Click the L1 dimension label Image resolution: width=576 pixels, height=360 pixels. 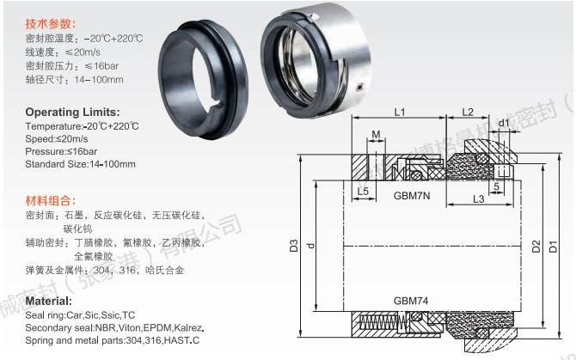click(x=401, y=112)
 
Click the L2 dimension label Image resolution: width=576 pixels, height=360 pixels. click(x=468, y=112)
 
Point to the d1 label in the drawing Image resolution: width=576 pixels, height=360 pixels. click(x=505, y=123)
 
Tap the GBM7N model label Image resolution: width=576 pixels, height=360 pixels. click(x=412, y=195)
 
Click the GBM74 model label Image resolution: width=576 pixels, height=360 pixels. click(x=412, y=302)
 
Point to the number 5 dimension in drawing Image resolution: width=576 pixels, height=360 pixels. click(x=497, y=186)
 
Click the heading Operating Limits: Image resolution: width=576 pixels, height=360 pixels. click(x=72, y=113)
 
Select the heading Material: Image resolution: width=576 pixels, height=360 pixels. click(x=48, y=302)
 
